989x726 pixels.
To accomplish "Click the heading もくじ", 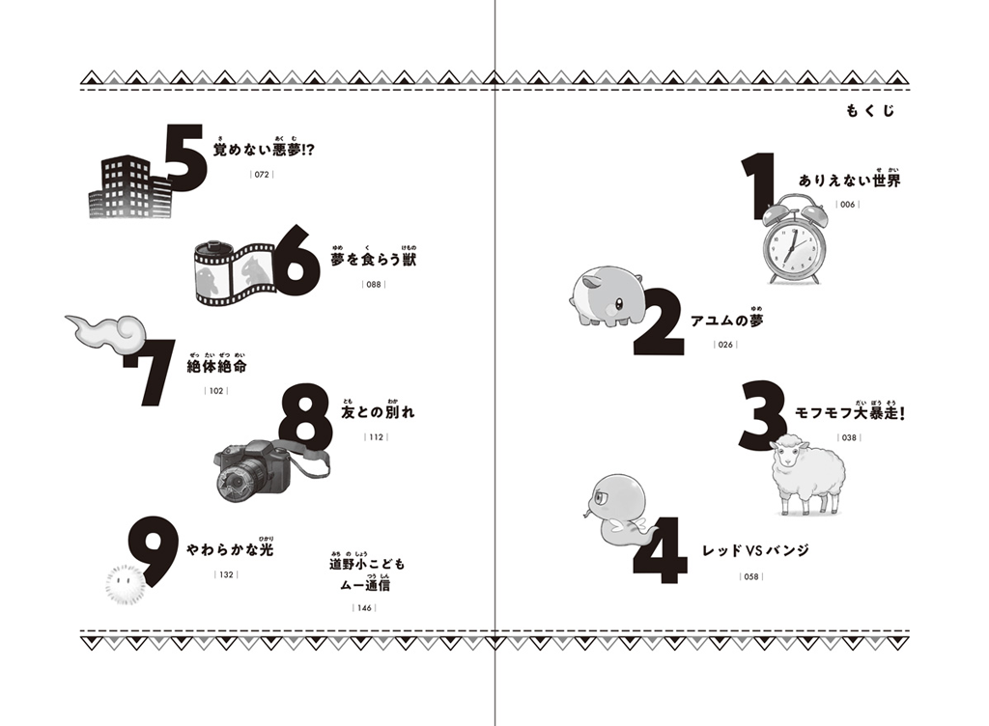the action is [x=870, y=111].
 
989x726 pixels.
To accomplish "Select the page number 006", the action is [x=847, y=205].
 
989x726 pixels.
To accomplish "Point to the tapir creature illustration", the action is [x=607, y=295].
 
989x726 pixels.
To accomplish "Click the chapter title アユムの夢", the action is [x=726, y=321].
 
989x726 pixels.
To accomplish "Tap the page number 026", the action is [x=725, y=345].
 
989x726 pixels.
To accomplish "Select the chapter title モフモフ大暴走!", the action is [x=849, y=413].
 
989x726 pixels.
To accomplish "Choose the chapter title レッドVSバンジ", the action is [x=755, y=550].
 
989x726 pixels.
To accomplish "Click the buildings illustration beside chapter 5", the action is [x=130, y=188].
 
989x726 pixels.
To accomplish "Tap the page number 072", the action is [x=262, y=174].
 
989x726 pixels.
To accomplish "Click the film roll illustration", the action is [x=234, y=273].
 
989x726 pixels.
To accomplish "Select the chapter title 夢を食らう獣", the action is [x=374, y=259].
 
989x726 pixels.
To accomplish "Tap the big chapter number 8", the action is [x=306, y=415].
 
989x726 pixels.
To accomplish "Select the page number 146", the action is [x=364, y=608].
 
